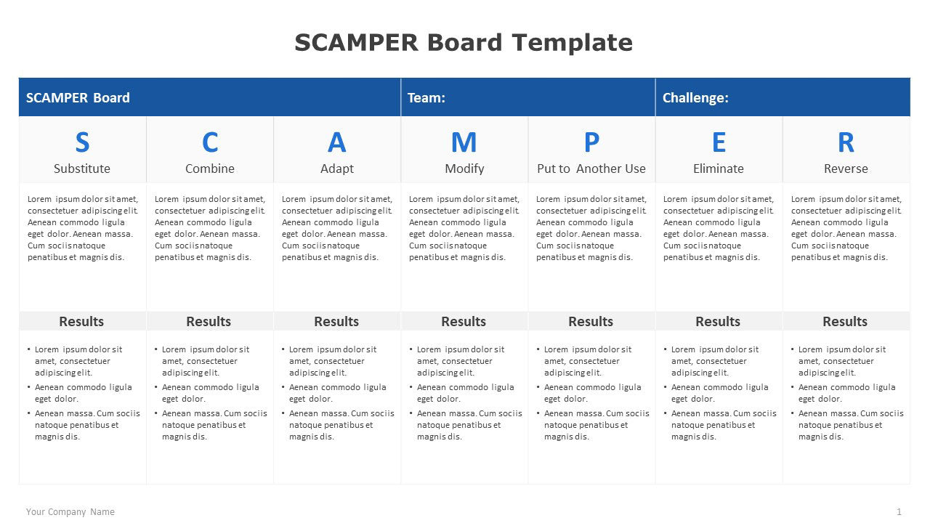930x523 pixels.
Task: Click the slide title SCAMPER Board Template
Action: click(x=464, y=43)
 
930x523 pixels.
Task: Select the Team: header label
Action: click(x=426, y=98)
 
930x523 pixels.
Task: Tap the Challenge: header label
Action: click(x=695, y=98)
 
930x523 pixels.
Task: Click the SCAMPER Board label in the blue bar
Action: click(x=78, y=98)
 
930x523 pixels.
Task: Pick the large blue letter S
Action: click(x=82, y=142)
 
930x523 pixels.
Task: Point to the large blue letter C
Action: click(x=210, y=142)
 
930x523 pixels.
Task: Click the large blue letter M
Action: click(x=464, y=142)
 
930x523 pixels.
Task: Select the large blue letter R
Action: click(x=846, y=142)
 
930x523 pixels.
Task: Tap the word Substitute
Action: click(x=82, y=169)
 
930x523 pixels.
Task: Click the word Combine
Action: click(x=210, y=169)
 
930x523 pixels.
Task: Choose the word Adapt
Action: click(x=336, y=169)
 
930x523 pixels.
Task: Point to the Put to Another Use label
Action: click(x=591, y=169)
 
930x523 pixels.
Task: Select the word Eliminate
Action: click(x=719, y=169)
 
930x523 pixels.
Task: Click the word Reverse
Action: click(x=846, y=169)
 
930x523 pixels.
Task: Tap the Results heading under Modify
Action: click(x=464, y=321)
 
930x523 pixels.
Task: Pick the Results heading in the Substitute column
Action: click(x=81, y=321)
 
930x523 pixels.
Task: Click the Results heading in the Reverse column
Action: click(x=845, y=321)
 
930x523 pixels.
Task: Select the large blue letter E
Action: click(x=719, y=142)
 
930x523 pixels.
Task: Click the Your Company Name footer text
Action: click(x=70, y=512)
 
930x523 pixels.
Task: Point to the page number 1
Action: click(x=899, y=512)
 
